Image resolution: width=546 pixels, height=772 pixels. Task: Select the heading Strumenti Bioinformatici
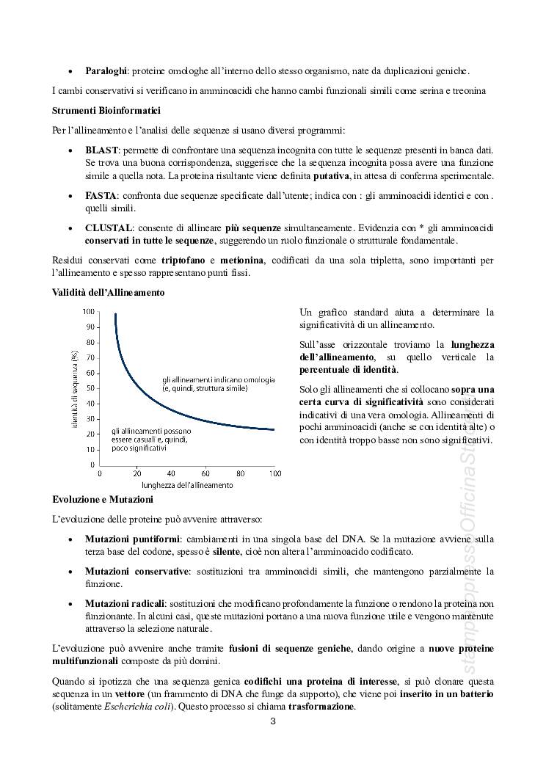98,111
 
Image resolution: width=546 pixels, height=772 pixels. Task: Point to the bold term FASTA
101,196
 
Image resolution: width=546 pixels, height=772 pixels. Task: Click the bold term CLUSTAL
108,228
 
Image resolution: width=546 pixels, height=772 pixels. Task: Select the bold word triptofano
177,261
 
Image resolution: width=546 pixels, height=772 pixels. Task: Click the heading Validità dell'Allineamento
109,292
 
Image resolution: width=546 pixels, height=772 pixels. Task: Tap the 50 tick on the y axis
92,388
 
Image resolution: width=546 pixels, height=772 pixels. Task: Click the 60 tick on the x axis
205,473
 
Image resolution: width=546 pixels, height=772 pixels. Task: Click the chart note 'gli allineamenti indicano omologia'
218,379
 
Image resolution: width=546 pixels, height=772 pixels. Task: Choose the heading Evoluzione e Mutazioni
102,499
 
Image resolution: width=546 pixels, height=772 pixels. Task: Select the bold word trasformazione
321,707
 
